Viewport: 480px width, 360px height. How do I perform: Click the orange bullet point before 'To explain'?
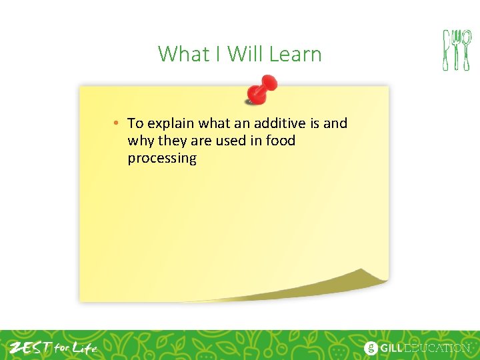(116, 123)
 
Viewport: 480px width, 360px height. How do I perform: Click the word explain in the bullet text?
(171, 124)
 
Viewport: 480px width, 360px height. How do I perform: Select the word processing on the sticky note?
(162, 159)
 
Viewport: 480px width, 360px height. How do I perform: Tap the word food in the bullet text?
(280, 141)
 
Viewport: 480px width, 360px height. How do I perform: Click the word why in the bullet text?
(140, 141)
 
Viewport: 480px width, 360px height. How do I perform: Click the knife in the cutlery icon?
(447, 50)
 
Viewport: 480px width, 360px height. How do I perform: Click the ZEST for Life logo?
(53, 347)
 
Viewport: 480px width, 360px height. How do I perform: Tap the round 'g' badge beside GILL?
(371, 348)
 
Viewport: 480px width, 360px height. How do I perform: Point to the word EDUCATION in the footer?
(439, 348)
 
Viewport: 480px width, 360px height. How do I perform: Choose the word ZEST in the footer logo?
(29, 347)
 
